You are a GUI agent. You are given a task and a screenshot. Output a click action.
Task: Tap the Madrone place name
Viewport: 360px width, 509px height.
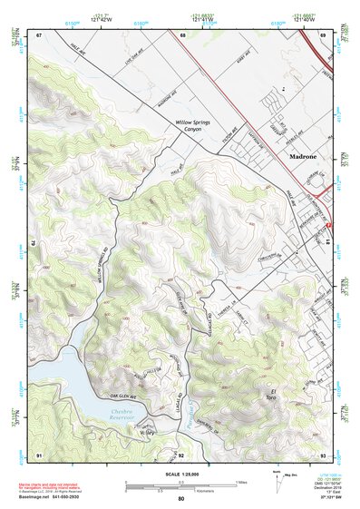300,156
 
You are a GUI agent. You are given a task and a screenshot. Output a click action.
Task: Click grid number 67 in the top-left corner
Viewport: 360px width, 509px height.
39,34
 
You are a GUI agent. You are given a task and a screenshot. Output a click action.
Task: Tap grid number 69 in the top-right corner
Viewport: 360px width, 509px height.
324,34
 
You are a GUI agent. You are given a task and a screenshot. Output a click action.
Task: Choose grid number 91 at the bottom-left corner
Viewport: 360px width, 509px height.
39,454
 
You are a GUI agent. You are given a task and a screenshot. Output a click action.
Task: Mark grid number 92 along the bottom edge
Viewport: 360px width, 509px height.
181,454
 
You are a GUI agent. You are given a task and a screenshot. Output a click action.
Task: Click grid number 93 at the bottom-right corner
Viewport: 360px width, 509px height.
324,454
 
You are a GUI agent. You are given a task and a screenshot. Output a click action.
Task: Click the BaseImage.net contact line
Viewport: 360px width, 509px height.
56,497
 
